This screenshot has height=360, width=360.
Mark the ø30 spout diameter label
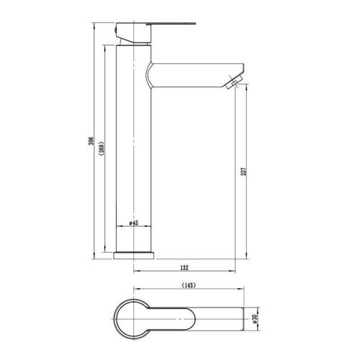(254, 317)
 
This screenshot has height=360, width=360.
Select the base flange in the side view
(135, 253)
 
